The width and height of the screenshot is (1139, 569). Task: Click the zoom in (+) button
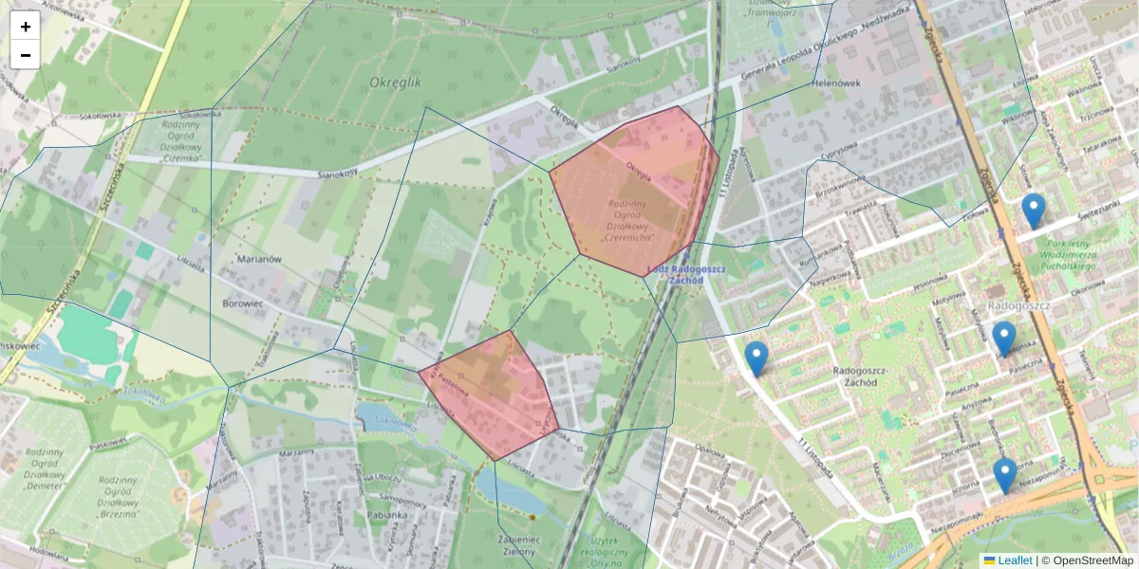coord(26,27)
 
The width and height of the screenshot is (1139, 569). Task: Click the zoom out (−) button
coord(26,55)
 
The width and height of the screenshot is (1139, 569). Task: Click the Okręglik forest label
coord(394,83)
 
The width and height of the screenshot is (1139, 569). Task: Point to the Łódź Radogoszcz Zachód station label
coord(685,274)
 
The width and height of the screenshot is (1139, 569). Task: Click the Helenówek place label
coord(836,83)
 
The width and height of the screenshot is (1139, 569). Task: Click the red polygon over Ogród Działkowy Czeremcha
coord(632,190)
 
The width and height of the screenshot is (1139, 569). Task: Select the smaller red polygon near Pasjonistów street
coord(494,394)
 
